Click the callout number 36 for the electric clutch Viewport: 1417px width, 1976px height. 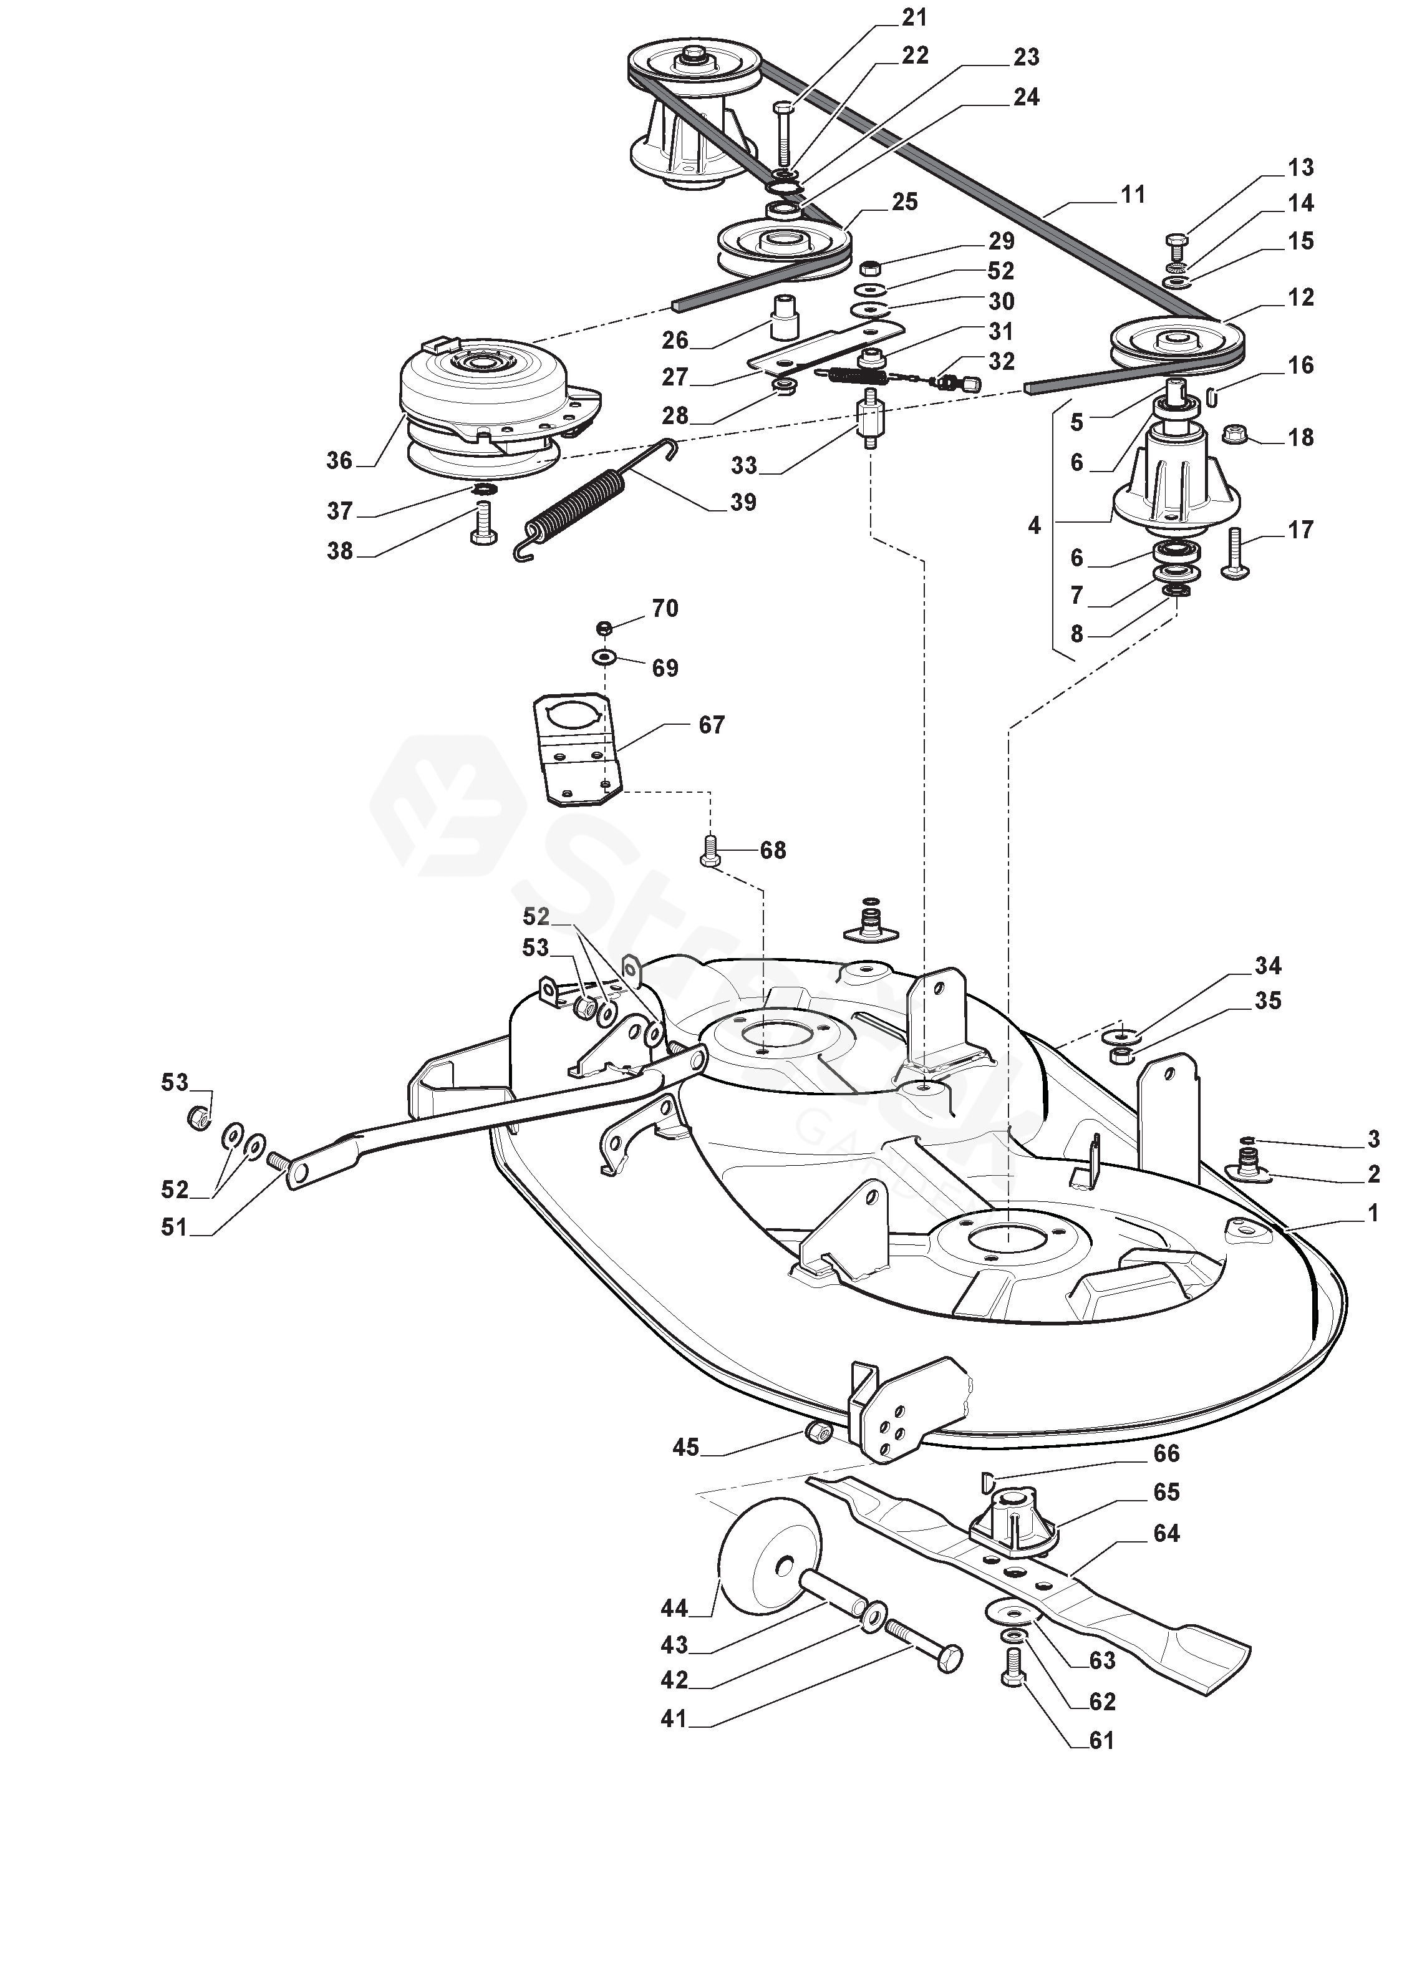click(339, 460)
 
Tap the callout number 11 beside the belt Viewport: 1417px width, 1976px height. click(1132, 194)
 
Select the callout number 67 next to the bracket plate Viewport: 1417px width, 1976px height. click(712, 725)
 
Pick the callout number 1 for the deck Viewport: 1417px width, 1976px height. click(1373, 1212)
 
